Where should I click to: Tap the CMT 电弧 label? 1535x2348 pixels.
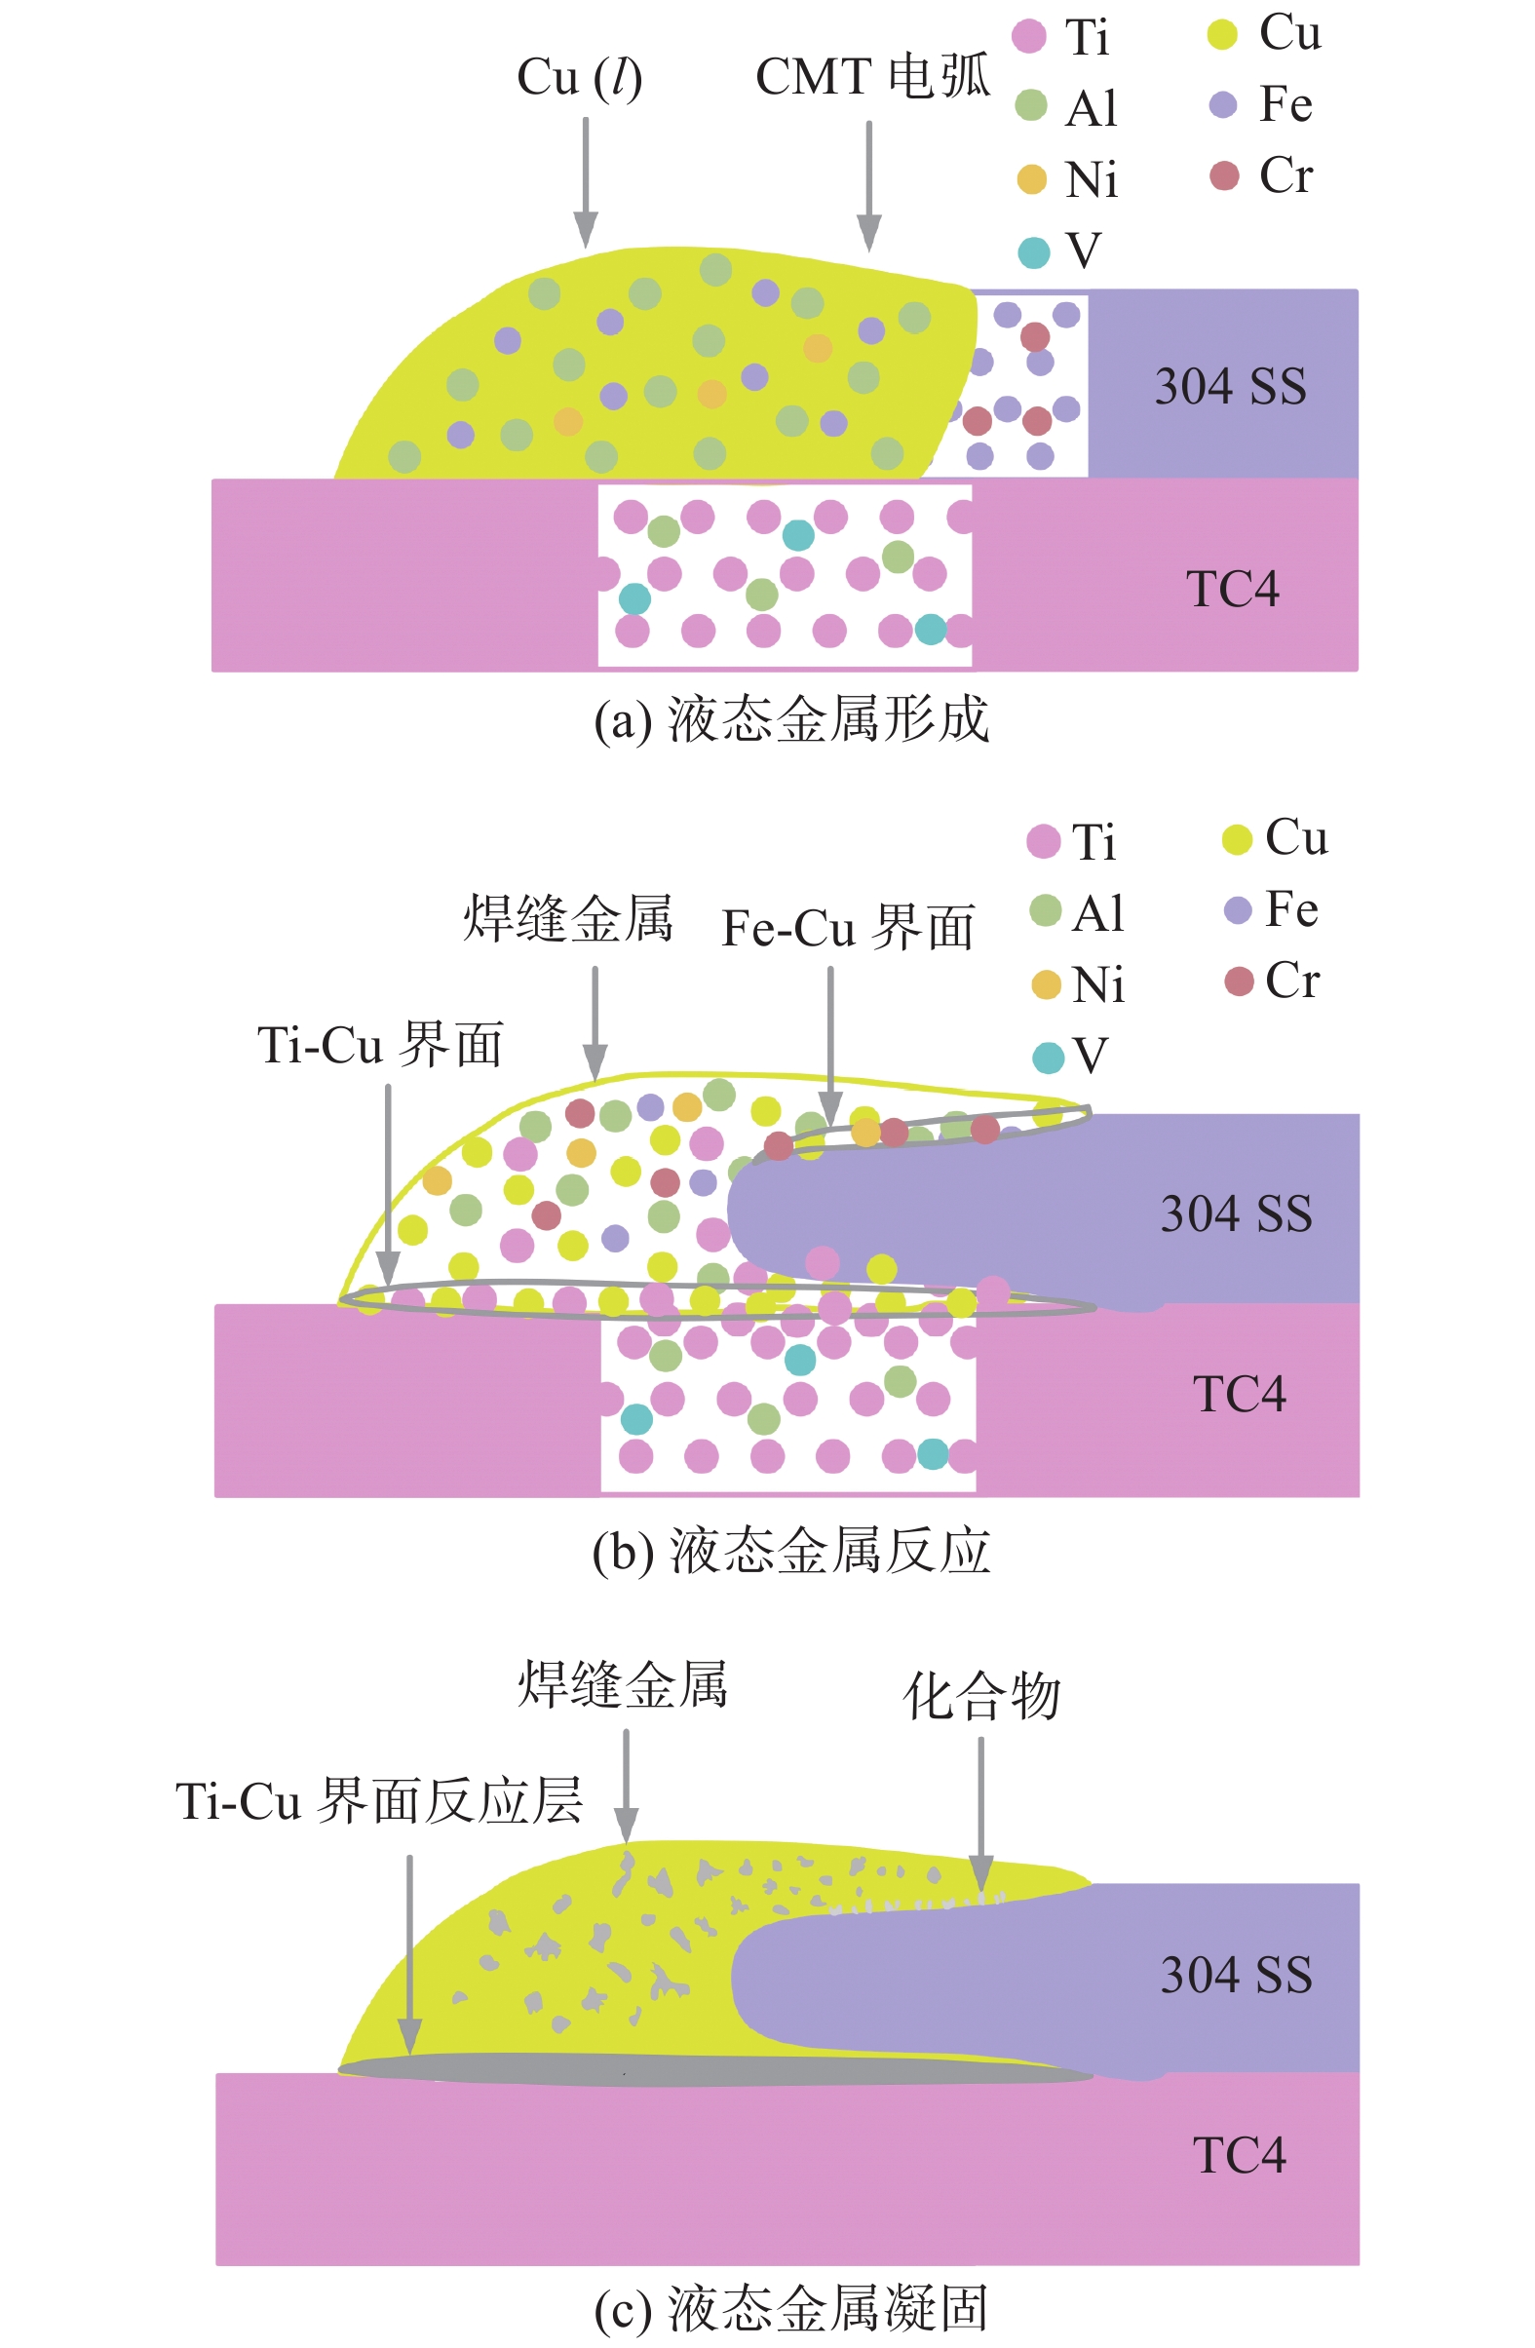(872, 76)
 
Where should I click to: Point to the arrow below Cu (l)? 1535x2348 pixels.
(585, 181)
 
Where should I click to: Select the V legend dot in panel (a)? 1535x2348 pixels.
(1034, 252)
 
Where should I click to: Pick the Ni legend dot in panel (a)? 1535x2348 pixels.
(1032, 179)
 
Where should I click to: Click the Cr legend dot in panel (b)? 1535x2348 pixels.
(1239, 982)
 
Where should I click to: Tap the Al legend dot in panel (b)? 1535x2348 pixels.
(1046, 910)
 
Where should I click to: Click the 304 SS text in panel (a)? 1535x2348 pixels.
(1230, 386)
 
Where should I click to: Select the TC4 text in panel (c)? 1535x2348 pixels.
(1239, 2156)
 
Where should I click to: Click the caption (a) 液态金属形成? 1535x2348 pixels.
(791, 719)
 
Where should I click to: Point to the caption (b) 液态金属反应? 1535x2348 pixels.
(791, 1550)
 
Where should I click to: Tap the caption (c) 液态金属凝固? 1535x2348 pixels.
(791, 2309)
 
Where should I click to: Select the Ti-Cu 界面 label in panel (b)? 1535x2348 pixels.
(380, 1045)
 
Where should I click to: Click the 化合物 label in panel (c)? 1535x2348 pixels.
(981, 1697)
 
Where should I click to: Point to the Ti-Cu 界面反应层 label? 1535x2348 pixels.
(379, 1800)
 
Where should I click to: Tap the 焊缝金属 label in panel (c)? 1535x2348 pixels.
(624, 1684)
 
